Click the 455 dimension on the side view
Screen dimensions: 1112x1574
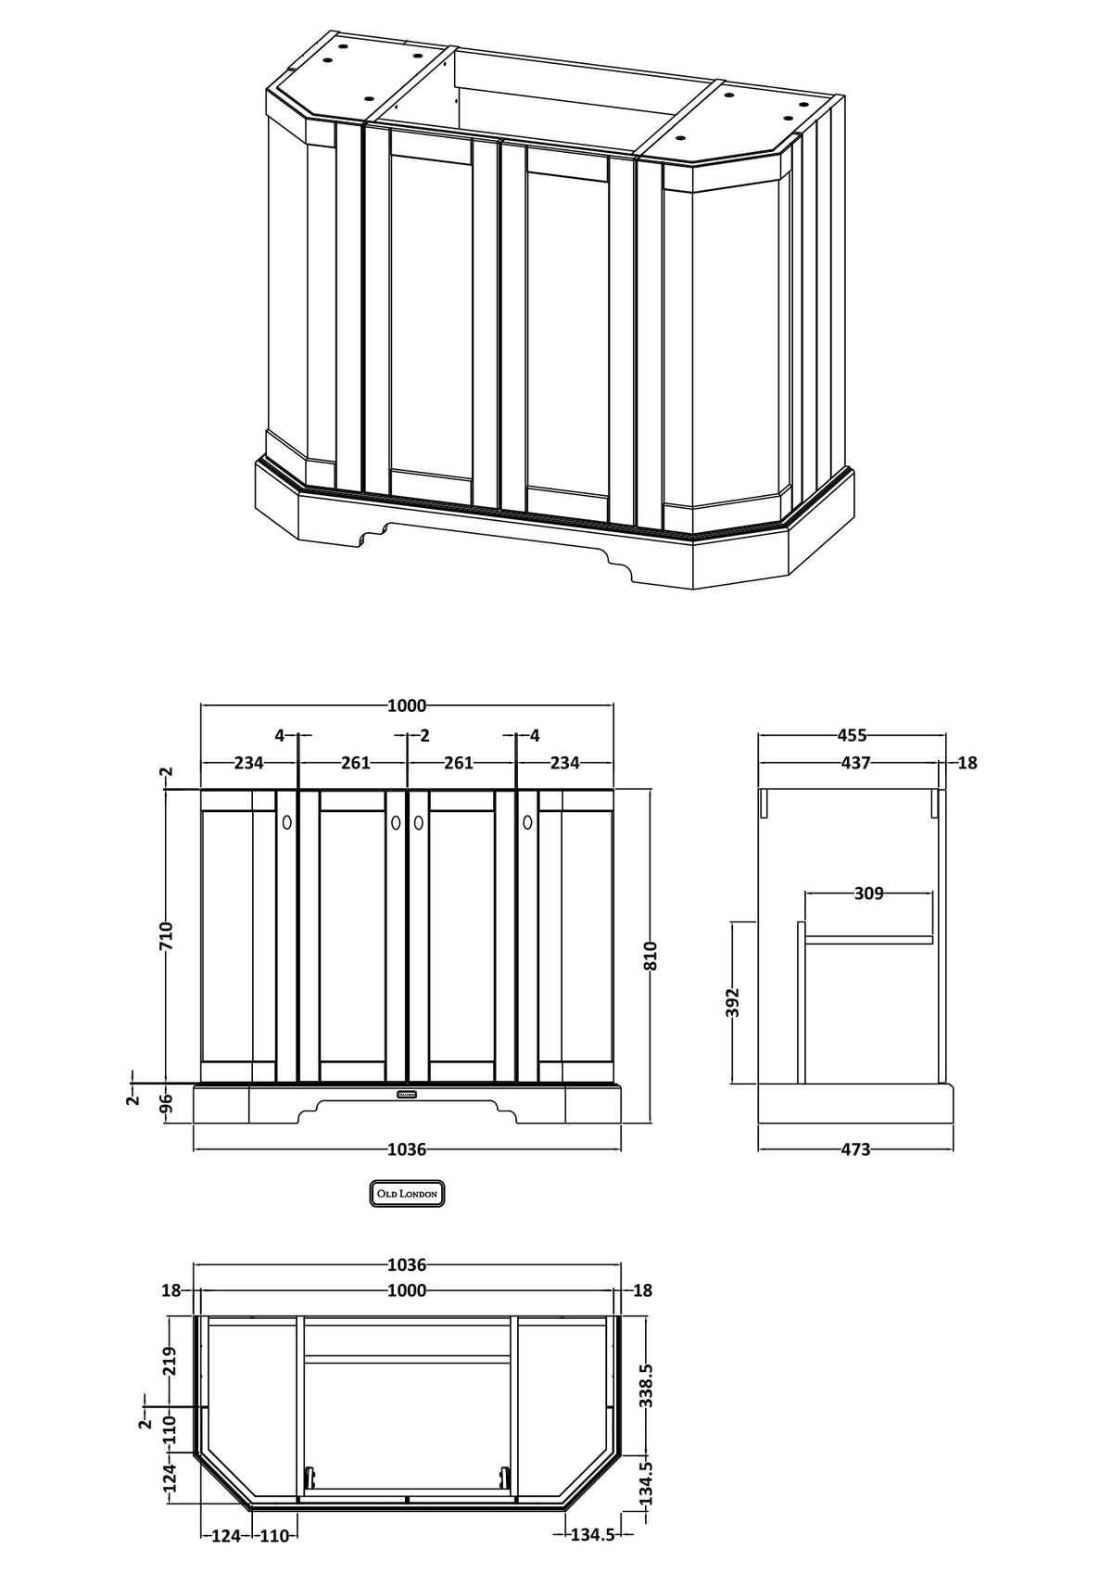852,736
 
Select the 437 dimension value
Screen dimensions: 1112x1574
855,762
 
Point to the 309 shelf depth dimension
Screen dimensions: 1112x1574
868,894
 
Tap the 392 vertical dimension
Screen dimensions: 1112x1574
733,1003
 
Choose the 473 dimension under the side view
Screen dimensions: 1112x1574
855,1149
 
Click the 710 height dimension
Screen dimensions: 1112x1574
167,936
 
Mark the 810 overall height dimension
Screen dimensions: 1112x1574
650,956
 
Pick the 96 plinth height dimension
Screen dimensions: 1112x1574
167,1104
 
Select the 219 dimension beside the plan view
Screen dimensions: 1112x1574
170,1361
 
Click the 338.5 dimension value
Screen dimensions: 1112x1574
646,1386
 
